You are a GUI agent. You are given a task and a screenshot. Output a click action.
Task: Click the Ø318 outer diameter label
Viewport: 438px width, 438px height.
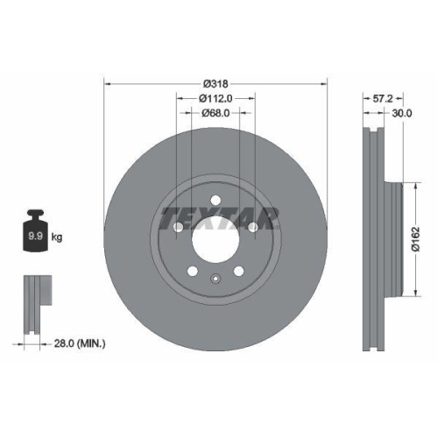215,84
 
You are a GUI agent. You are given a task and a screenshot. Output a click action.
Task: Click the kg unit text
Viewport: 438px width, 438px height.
58,237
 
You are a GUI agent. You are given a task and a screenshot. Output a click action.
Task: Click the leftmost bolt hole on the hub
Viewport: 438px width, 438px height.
178,228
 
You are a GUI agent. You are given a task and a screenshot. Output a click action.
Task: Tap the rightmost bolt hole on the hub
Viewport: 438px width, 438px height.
252,228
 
